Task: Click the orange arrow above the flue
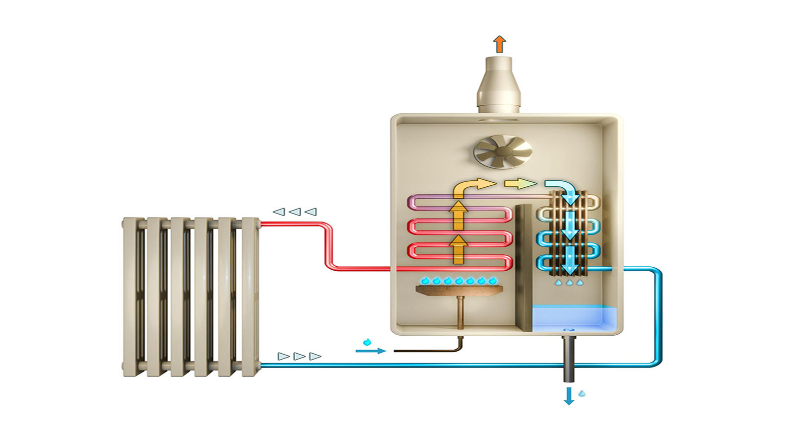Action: tap(500, 44)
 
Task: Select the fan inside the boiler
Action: tap(503, 151)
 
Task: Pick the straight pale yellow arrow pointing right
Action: tap(520, 184)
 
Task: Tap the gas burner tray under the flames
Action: tap(459, 290)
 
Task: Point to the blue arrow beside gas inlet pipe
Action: tap(370, 351)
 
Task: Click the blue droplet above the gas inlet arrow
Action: tap(367, 342)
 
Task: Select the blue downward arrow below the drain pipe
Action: tap(569, 396)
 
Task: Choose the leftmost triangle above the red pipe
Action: tap(279, 212)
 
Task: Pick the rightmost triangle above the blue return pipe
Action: tap(315, 356)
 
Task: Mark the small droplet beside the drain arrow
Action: tap(582, 394)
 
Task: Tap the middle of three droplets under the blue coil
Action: tap(569, 283)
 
